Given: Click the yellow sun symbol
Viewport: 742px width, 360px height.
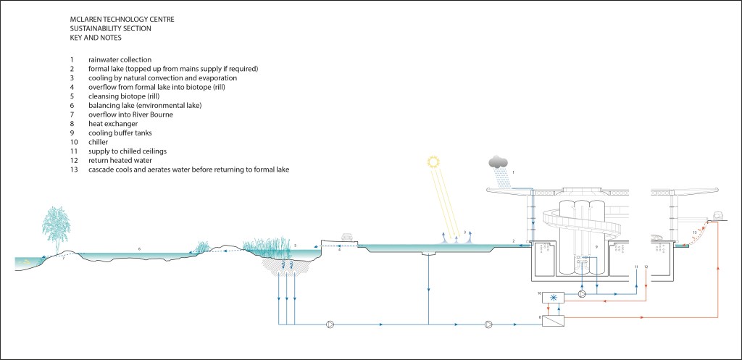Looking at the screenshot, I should (x=433, y=162).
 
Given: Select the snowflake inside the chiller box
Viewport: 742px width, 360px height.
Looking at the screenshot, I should (x=556, y=298).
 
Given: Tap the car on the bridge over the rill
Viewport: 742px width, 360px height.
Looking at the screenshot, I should (x=346, y=236).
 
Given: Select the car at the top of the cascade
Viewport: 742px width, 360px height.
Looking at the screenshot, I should (x=720, y=215).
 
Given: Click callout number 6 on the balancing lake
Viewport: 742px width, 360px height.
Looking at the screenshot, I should (x=139, y=248).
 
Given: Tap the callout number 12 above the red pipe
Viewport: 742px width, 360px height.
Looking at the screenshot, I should (x=646, y=268).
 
